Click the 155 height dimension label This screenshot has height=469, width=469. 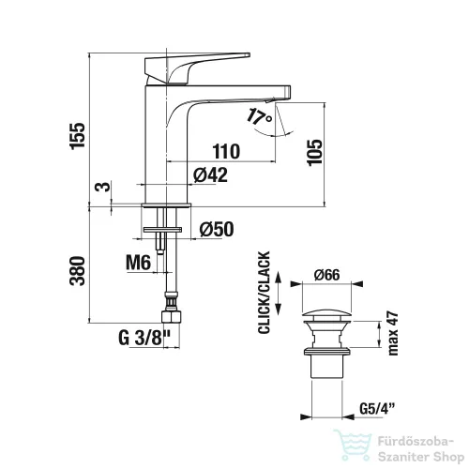click(78, 136)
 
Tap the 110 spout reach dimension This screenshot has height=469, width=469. click(227, 151)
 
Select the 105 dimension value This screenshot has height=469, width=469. click(315, 152)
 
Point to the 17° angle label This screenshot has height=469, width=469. click(260, 117)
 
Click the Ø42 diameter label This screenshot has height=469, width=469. click(210, 174)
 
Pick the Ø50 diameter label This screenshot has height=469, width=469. click(217, 229)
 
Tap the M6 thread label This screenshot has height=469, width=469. click(138, 263)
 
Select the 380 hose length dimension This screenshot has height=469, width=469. click(78, 271)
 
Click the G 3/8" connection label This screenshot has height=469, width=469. click(144, 338)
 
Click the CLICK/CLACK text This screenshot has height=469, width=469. click(265, 293)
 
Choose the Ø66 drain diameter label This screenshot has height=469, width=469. click(327, 275)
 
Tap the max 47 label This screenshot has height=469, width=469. click(393, 333)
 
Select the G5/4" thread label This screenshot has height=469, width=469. click(377, 408)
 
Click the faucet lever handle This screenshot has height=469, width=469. click(197, 68)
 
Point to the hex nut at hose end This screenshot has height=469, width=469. click(171, 317)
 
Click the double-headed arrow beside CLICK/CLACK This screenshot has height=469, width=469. click(278, 294)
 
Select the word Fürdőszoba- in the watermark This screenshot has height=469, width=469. click(416, 442)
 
